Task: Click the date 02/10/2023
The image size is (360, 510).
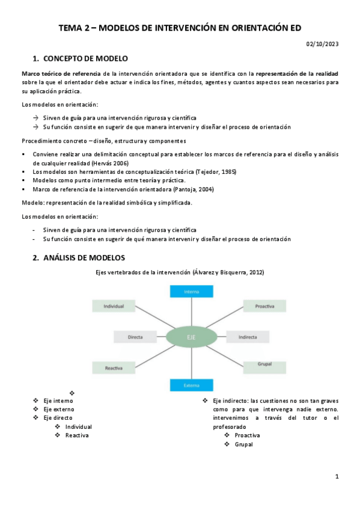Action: pyautogui.click(x=323, y=44)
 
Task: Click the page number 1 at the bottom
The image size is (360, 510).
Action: pyautogui.click(x=337, y=477)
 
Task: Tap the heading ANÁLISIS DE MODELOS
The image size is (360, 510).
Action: pyautogui.click(x=84, y=258)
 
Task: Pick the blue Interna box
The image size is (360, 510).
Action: pyautogui.click(x=192, y=292)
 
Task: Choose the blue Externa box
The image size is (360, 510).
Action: pyautogui.click(x=192, y=384)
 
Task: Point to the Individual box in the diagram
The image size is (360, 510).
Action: pyautogui.click(x=114, y=306)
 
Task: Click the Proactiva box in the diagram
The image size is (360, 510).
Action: pyautogui.click(x=264, y=306)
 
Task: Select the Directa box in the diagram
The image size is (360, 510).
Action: pyautogui.click(x=135, y=337)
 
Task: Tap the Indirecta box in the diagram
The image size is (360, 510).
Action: pyautogui.click(x=248, y=337)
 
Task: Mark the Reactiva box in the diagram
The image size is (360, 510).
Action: pyautogui.click(x=114, y=366)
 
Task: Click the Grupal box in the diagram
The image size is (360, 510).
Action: pyautogui.click(x=265, y=364)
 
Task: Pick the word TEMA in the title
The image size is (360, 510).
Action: pyautogui.click(x=71, y=28)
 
